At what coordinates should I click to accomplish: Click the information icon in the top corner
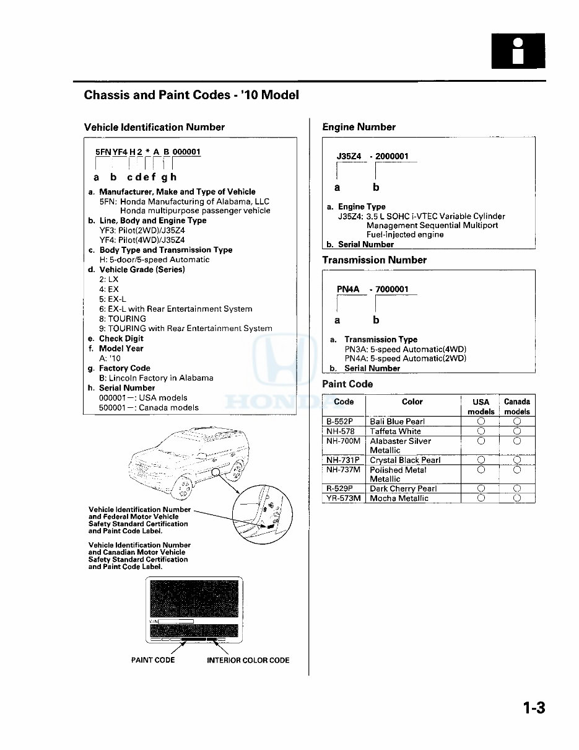518,51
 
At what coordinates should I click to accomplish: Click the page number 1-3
533,708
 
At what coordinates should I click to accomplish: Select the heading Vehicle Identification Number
154,127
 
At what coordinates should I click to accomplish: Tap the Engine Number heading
359,127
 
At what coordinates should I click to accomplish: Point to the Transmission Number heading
374,260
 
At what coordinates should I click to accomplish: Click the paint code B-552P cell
340,421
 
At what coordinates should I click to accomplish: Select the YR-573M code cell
343,498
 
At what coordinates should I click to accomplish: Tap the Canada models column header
516,407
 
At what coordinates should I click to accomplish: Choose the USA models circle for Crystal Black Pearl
481,460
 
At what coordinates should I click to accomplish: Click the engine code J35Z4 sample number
349,157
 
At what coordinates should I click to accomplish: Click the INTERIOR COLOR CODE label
248,660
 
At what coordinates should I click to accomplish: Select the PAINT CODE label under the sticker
153,660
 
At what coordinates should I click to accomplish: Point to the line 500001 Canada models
149,408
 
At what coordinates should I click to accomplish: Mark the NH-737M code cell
343,470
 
